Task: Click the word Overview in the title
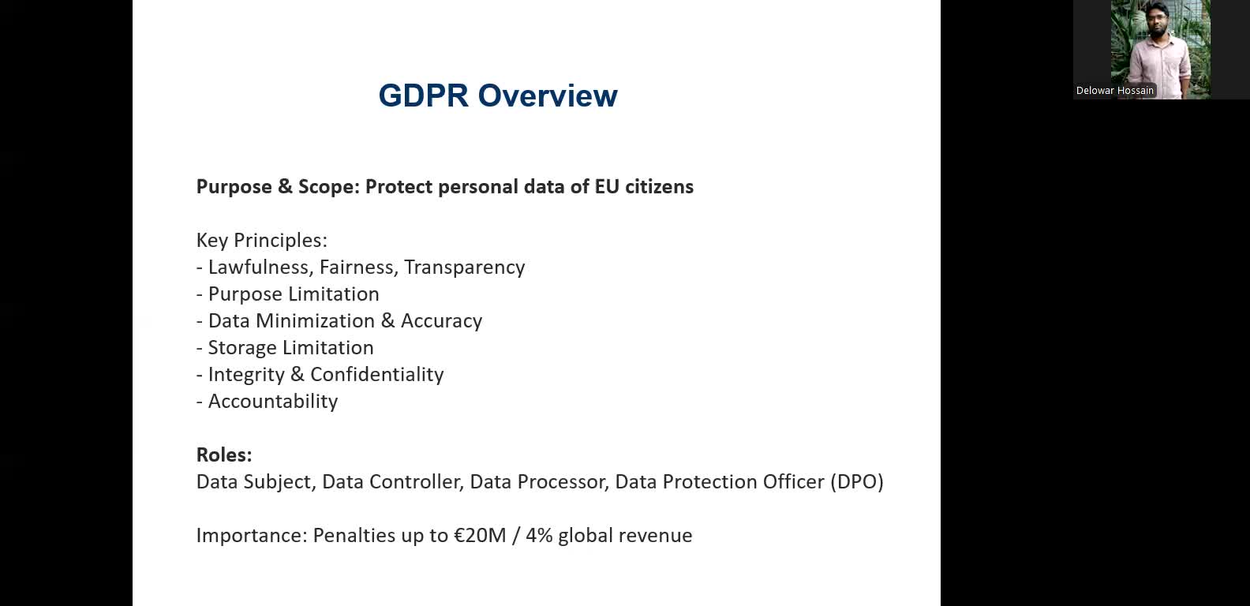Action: click(548, 95)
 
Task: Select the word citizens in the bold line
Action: click(659, 187)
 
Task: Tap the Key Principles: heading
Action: click(261, 240)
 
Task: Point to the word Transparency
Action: click(464, 267)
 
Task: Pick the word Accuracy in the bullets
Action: click(441, 321)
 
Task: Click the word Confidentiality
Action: click(376, 375)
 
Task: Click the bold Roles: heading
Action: click(224, 455)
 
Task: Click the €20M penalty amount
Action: click(480, 536)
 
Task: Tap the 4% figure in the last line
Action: click(539, 536)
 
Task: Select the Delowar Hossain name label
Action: click(1114, 91)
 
